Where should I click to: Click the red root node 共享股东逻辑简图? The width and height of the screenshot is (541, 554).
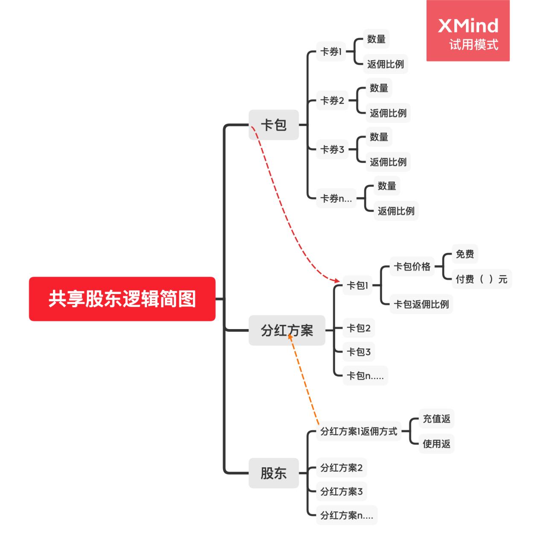coord(122,299)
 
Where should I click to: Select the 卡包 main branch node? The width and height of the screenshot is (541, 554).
coord(273,125)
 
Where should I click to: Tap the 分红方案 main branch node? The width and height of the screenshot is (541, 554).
coord(287,330)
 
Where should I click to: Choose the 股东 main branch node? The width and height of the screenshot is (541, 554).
coord(273,473)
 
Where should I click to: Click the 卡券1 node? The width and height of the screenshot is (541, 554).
coord(331,52)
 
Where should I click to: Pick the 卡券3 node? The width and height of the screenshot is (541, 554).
coord(332,149)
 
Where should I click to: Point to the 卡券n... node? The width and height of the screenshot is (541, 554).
coord(336,198)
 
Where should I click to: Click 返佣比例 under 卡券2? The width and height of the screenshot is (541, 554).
coord(388,113)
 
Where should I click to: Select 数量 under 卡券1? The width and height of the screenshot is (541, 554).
coord(376,39)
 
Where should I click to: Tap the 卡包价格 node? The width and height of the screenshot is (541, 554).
coord(412,267)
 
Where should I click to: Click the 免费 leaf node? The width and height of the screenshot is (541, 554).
coord(465,254)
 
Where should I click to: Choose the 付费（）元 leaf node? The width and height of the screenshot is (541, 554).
coord(481,279)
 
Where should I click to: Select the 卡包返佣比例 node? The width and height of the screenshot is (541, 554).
coord(421,304)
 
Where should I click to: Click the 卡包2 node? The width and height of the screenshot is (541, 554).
coord(359,328)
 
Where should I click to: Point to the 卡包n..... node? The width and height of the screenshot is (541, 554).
coord(365,376)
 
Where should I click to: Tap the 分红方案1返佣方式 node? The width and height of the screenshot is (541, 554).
coord(359,432)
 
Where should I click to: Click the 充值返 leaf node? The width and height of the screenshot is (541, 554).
coord(436,419)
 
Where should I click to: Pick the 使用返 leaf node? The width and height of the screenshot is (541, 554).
coord(436,444)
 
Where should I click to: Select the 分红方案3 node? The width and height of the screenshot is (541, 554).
coord(341,492)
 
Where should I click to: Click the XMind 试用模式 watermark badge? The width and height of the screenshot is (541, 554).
coord(468,31)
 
